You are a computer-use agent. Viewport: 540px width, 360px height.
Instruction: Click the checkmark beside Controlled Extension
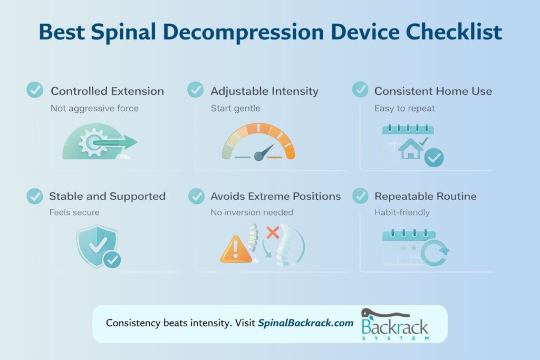pyautogui.click(x=35, y=90)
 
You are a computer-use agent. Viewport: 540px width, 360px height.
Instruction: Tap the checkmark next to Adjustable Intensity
pyautogui.click(x=196, y=90)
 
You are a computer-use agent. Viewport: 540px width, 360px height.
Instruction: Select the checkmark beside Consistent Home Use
pyautogui.click(x=360, y=90)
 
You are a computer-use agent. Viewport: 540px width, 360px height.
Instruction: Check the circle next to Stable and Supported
pyautogui.click(x=35, y=196)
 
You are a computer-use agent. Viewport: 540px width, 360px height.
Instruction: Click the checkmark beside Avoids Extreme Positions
pyautogui.click(x=196, y=196)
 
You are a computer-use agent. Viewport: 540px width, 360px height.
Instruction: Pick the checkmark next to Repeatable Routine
pyautogui.click(x=360, y=196)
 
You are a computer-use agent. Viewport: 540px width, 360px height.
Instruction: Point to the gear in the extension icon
pyautogui.click(x=91, y=142)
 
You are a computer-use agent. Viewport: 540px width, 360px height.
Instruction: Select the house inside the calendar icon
pyautogui.click(x=411, y=149)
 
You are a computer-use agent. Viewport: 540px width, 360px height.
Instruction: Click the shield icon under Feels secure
pyautogui.click(x=95, y=245)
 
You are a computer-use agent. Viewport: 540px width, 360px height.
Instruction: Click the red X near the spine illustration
pyautogui.click(x=273, y=232)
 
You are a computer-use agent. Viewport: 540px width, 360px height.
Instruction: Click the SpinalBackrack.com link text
pyautogui.click(x=305, y=323)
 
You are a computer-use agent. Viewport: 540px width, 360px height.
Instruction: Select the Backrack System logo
pyautogui.click(x=394, y=325)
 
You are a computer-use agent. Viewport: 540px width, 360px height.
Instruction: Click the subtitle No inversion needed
pyautogui.click(x=252, y=212)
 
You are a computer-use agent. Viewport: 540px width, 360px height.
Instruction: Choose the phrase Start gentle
pyautogui.click(x=235, y=108)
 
